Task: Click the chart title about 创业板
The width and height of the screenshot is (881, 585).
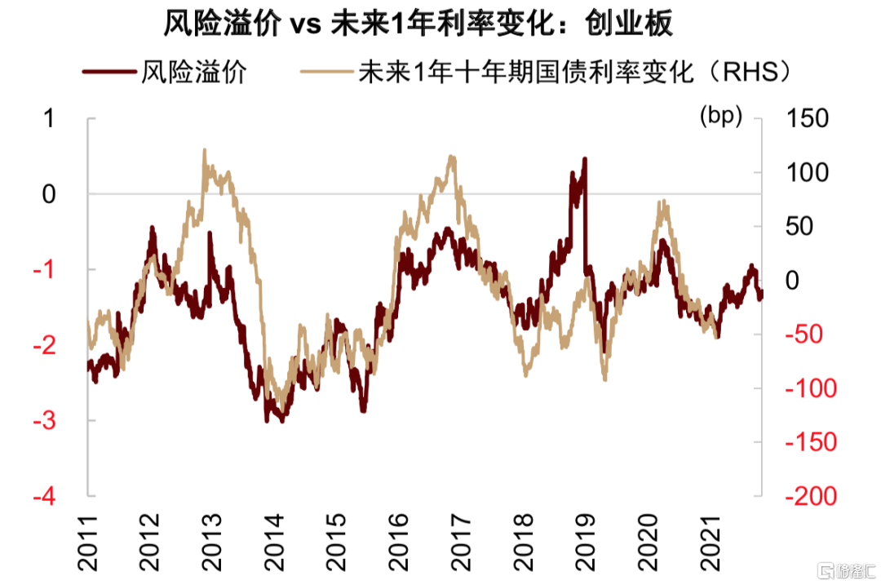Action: point(418,24)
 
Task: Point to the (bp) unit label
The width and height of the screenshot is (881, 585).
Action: point(721,116)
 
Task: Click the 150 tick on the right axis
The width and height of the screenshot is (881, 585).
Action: point(808,118)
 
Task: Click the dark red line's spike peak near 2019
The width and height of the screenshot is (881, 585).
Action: point(584,159)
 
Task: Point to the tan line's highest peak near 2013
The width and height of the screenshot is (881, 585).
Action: point(204,150)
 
